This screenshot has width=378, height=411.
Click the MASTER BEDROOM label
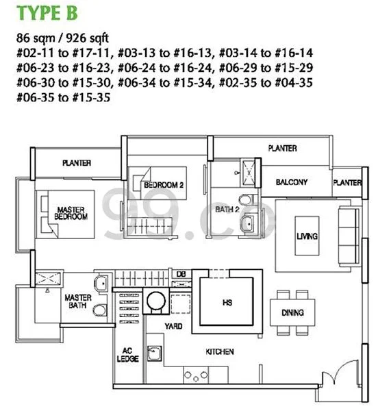pyautogui.click(x=71, y=213)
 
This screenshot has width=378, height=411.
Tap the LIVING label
pyautogui.click(x=307, y=236)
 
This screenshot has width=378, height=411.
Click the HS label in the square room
pyautogui.click(x=227, y=301)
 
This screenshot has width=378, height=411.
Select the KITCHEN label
pyautogui.click(x=220, y=352)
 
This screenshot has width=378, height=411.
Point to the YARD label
pyautogui.click(x=173, y=327)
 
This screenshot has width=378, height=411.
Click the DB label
pyautogui.click(x=181, y=275)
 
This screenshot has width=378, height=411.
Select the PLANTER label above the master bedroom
pyautogui.click(x=77, y=163)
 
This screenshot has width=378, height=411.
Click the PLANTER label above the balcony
pyautogui.click(x=282, y=148)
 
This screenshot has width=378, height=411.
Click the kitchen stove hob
pyautogui.click(x=197, y=375)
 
